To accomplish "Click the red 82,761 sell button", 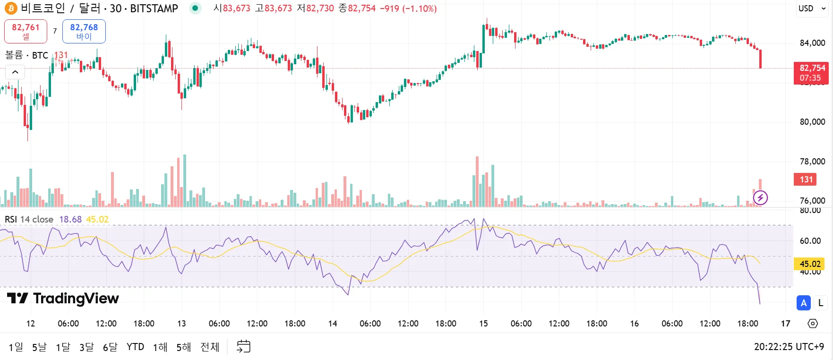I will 26,31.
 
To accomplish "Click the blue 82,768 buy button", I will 84,31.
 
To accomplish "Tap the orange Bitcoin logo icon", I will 10,8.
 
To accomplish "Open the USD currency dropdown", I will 812,9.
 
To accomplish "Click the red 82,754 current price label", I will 811,73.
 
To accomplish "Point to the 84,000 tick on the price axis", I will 812,43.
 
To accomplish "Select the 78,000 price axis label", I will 812,162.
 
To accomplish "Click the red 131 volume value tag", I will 806,180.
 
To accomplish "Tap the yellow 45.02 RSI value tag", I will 810,264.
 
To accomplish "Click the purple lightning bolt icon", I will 760,197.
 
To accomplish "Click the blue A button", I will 803,303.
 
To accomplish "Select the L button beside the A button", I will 821,303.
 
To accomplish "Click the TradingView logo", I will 63,299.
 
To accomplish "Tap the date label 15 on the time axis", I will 483,324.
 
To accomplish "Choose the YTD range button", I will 135,347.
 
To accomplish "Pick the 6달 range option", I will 110,347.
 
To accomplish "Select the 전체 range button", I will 210,347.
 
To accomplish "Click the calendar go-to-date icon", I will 243,347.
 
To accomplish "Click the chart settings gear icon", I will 813,324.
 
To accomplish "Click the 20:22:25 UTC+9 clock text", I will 789,347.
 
